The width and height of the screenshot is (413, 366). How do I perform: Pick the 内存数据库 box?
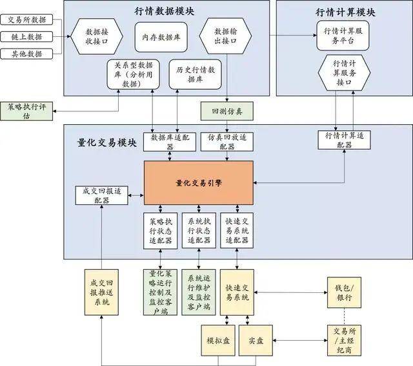pos(161,38)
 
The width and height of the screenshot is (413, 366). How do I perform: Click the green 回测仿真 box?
pos(223,111)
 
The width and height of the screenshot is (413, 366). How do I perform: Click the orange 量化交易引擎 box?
pos(198,183)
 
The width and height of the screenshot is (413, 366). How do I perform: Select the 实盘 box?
pos(256,340)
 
